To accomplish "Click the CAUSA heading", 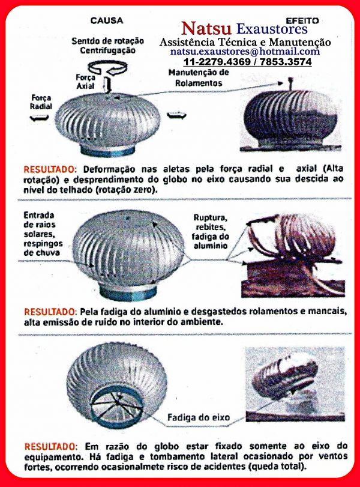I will [106, 20].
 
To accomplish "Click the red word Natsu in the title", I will [208, 29].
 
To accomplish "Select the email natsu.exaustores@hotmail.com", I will [244, 52].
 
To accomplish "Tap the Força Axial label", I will [85, 82].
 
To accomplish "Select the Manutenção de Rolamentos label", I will [199, 77].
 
